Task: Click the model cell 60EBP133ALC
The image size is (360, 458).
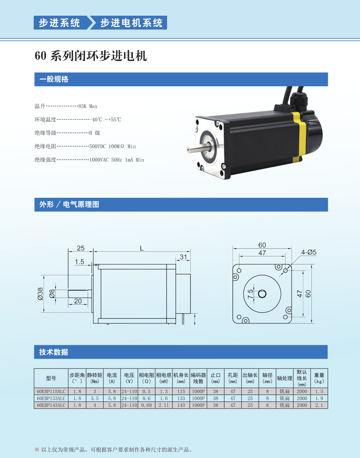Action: [x=51, y=398]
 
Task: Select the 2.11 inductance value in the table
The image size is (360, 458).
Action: [x=164, y=405]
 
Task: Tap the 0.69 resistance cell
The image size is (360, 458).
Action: [x=146, y=405]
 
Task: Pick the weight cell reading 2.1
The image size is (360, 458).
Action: [x=319, y=405]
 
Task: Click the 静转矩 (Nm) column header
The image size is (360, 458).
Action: [x=95, y=378]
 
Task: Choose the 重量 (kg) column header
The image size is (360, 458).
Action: [x=319, y=378]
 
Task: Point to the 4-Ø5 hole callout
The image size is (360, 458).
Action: [x=308, y=252]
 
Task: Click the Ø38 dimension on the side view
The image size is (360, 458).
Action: [x=40, y=294]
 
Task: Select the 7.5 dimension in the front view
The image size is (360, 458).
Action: [x=250, y=294]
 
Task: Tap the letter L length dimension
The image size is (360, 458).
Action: [x=141, y=248]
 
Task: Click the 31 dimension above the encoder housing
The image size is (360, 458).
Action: [x=183, y=257]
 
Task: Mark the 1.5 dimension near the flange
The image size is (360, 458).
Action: [x=79, y=262]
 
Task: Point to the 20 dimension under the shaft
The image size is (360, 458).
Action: [x=78, y=301]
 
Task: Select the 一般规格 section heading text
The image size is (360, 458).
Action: [x=54, y=79]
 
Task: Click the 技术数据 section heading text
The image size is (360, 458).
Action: [x=54, y=352]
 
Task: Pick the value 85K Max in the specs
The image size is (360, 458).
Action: [x=88, y=106]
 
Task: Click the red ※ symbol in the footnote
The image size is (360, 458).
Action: [x=37, y=449]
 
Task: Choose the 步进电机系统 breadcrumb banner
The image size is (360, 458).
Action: [x=129, y=23]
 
